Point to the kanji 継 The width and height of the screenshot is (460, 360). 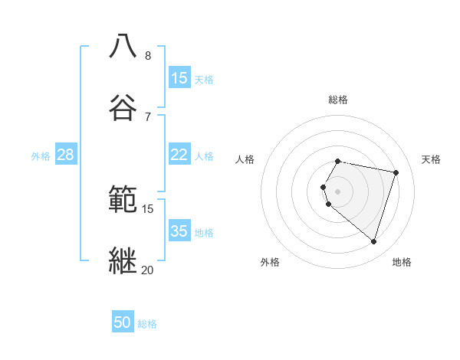coord(123,259)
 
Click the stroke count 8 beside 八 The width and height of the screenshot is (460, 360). coord(148,56)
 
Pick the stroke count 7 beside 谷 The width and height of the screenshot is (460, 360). coord(148,116)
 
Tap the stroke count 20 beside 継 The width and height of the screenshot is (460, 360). coord(147,270)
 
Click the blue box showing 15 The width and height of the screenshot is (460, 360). coord(179,78)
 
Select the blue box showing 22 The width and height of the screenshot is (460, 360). coord(179,155)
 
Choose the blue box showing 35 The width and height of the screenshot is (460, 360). coord(179,231)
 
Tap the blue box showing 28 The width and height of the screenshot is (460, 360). coord(66,155)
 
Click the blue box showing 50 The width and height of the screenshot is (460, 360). coord(123,322)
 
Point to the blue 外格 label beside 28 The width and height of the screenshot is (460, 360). coord(41,155)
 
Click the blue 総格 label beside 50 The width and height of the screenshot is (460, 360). coord(147,324)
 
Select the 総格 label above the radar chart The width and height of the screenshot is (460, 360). coord(338,100)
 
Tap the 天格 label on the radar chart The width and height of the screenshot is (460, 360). coord(432,159)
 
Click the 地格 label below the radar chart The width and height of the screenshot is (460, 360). coord(402,262)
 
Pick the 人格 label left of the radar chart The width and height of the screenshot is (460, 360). coord(245,159)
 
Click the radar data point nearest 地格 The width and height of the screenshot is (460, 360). coord(373,242)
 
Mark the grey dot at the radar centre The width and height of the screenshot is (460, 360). coord(338,191)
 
